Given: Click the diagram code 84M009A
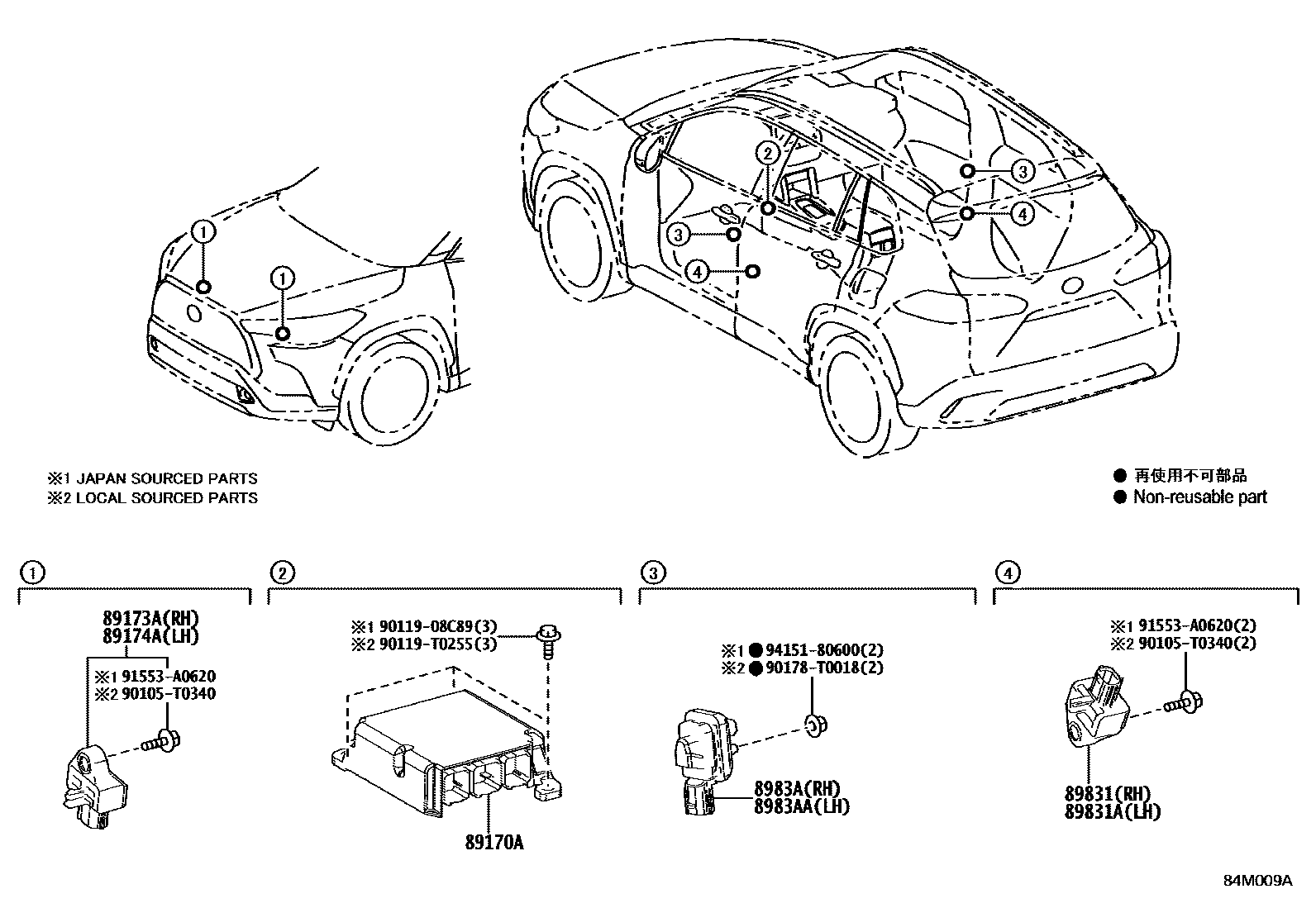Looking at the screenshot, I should pyautogui.click(x=1257, y=881).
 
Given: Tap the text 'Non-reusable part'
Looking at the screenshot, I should pyautogui.click(x=1199, y=497).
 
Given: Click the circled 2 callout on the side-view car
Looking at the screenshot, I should pyautogui.click(x=768, y=153).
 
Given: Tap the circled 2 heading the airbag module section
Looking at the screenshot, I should pyautogui.click(x=282, y=572).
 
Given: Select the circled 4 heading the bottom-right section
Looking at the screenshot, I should pyautogui.click(x=1006, y=572).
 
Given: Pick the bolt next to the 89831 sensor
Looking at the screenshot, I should pyautogui.click(x=1186, y=703).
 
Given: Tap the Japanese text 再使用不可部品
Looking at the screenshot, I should pyautogui.click(x=1190, y=476).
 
